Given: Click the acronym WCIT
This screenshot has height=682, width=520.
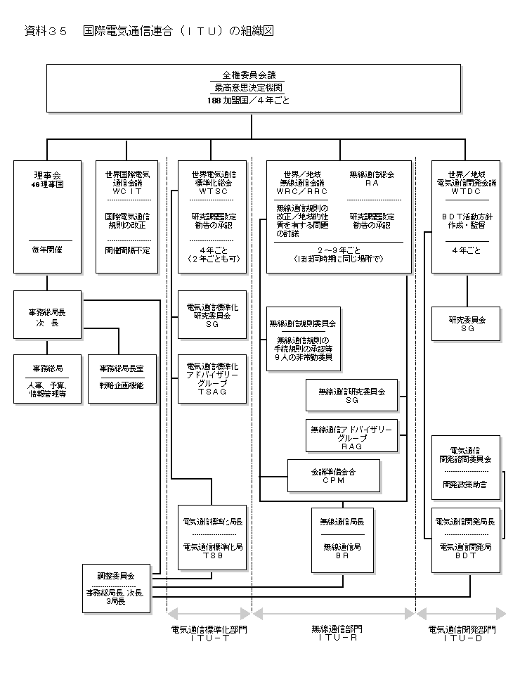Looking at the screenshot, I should (x=126, y=191).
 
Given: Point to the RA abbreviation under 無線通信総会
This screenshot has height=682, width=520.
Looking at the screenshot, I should (x=372, y=182).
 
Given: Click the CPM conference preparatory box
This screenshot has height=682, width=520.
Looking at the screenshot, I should (x=334, y=476).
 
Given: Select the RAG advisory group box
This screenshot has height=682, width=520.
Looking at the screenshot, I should (x=351, y=436).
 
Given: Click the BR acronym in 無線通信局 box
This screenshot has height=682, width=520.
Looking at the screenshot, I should (x=342, y=554).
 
